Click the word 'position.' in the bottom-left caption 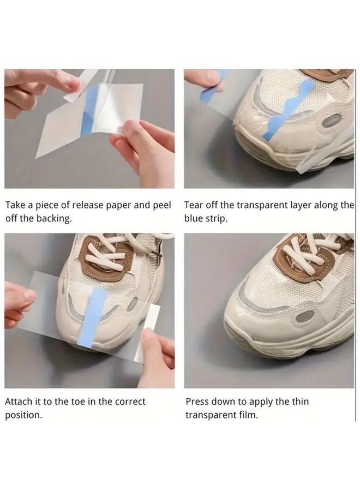pos(23,415)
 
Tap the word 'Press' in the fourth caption pos(197,402)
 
